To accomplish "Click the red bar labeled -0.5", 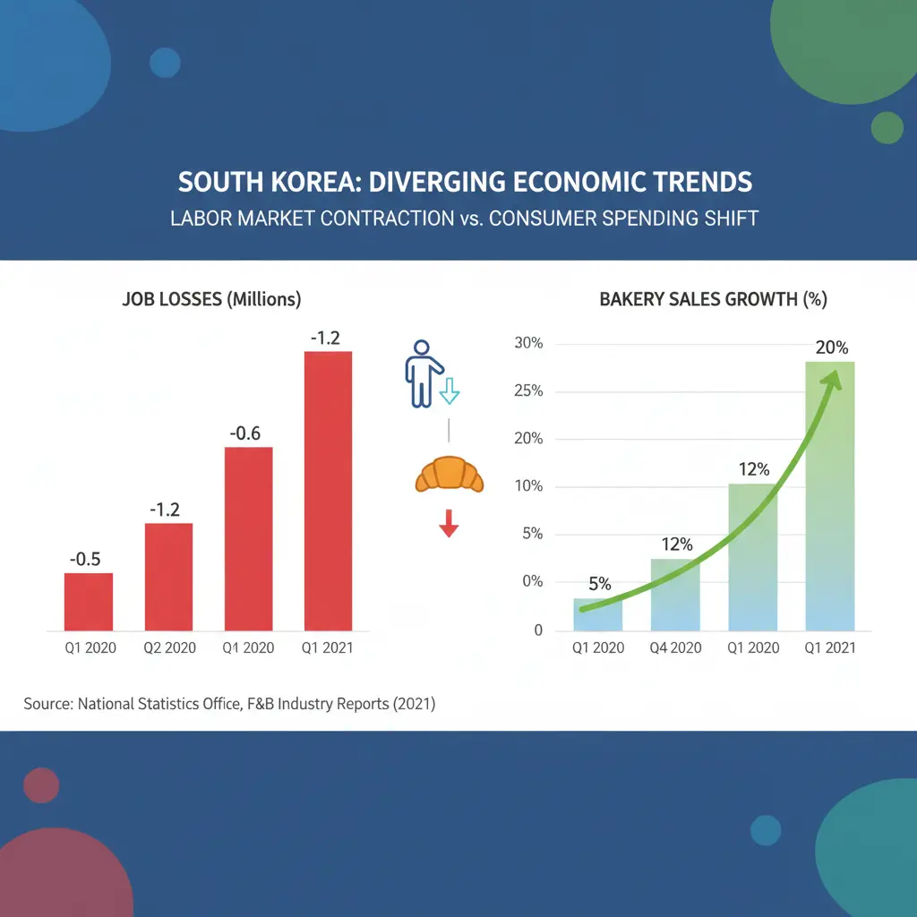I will (x=89, y=602).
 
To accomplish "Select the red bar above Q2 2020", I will (x=168, y=577).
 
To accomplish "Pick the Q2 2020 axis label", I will (x=168, y=648).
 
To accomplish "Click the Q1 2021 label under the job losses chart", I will (x=328, y=648).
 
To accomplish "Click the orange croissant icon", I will (x=449, y=475).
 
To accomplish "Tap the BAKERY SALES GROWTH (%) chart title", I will (x=713, y=300).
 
